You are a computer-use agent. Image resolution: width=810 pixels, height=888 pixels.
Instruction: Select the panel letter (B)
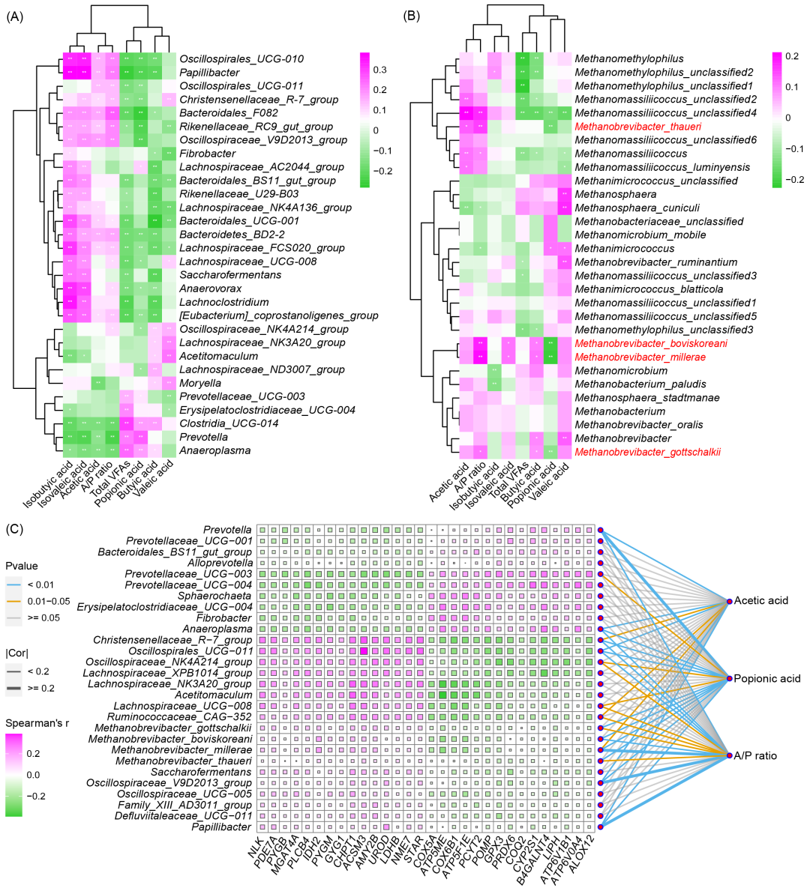[x=412, y=17]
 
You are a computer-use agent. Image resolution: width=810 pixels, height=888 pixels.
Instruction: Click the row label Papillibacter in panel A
[x=209, y=73]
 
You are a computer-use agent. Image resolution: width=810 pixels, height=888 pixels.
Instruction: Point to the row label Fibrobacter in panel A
[x=207, y=154]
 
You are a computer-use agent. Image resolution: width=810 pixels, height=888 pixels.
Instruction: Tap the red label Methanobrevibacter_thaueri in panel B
[x=637, y=127]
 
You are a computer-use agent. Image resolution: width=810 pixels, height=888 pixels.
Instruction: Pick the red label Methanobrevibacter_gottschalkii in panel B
[x=647, y=452]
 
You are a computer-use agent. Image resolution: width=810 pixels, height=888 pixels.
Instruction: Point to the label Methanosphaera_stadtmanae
[x=647, y=397]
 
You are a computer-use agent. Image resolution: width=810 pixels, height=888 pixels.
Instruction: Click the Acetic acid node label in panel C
[x=761, y=601]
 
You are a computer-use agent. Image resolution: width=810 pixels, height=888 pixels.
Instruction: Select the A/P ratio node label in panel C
[x=756, y=756]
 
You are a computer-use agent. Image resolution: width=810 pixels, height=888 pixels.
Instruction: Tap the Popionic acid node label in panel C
[x=766, y=679]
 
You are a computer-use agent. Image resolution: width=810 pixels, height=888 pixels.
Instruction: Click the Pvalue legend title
[x=21, y=566]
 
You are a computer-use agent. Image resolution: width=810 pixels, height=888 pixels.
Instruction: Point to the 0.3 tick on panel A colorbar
[x=380, y=70]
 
